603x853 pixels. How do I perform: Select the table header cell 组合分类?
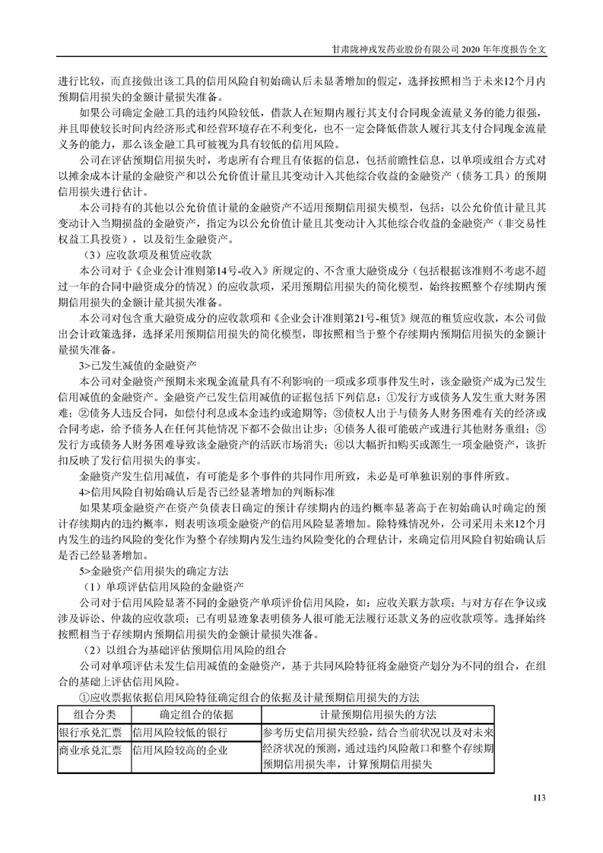click(x=94, y=714)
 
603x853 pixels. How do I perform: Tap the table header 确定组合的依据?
click(x=196, y=714)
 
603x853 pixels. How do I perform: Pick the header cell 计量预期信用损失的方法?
click(x=378, y=714)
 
